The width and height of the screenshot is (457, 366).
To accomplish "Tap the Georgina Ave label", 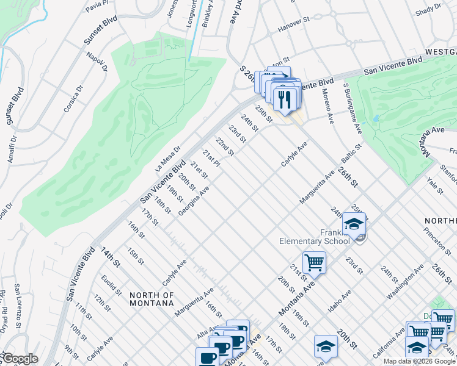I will pyautogui.click(x=194, y=201).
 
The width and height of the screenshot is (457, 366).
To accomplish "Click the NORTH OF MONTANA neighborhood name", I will pyautogui.click(x=152, y=299).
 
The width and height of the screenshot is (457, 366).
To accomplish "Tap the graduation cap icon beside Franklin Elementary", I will pyautogui.click(x=354, y=224).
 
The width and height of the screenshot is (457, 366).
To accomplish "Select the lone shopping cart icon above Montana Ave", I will pyautogui.click(x=314, y=263).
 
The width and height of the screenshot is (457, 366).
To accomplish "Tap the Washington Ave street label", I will pyautogui.click(x=405, y=282).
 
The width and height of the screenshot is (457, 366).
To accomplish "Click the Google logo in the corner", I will pyautogui.click(x=20, y=359).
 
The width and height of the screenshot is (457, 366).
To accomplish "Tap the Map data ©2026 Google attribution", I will pyautogui.click(x=419, y=361).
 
